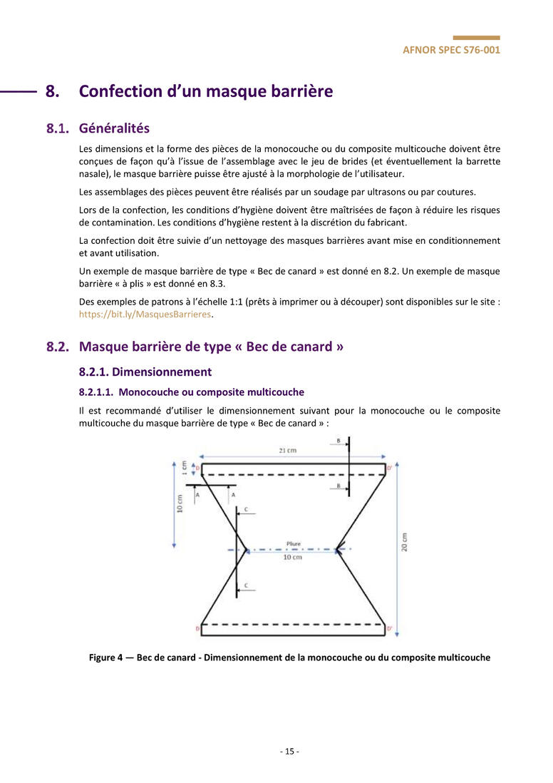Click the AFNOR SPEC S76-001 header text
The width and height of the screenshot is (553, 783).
[x=451, y=51]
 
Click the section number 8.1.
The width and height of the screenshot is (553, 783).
[x=58, y=129]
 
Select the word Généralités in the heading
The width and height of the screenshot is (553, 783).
[x=114, y=129]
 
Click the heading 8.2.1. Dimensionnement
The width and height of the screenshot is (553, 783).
[x=145, y=372]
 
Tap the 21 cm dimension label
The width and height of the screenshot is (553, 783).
[x=288, y=451]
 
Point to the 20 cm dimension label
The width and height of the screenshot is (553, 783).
[x=405, y=543]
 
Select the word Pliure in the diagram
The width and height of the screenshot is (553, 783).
[x=293, y=543]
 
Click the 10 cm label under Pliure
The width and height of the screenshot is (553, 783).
[x=292, y=557]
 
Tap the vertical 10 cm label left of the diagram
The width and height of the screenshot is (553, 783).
[x=180, y=503]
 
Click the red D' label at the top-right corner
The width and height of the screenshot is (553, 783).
[x=389, y=468]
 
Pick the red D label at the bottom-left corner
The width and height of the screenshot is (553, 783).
[x=197, y=628]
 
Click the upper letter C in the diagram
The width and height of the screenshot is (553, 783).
[x=246, y=510]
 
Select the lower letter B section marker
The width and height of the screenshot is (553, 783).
[x=338, y=486]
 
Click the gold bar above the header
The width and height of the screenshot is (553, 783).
[x=476, y=38]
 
